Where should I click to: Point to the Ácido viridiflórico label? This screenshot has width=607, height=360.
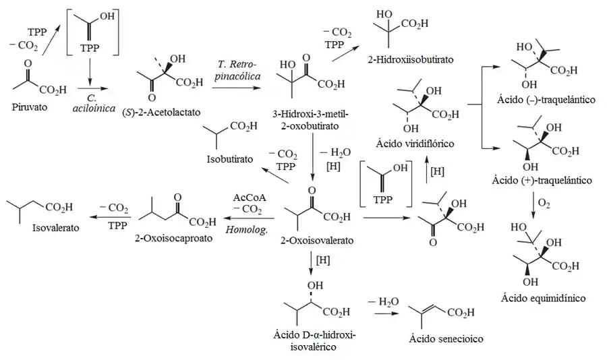click(x=416, y=144)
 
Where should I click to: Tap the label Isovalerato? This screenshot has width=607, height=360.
click(x=55, y=228)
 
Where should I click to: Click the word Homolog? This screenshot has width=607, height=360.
click(x=250, y=229)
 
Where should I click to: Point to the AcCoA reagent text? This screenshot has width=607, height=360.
click(x=250, y=199)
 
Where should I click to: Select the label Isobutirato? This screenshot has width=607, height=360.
click(x=229, y=159)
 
